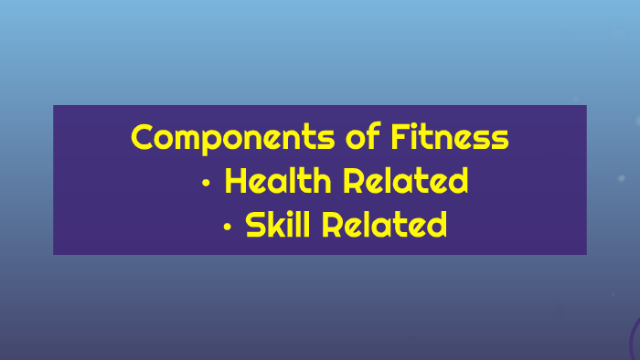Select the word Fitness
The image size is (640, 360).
coord(450,139)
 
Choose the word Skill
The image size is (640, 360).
coord(278,224)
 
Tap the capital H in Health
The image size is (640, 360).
coord(237,181)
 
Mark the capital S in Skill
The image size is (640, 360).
coord(257,224)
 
